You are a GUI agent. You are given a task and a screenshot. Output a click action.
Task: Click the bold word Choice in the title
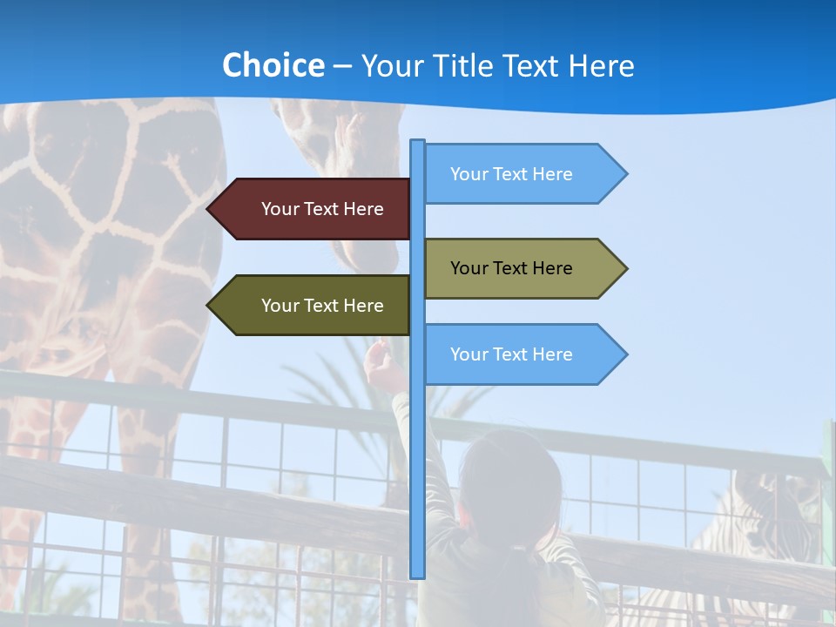point(273,65)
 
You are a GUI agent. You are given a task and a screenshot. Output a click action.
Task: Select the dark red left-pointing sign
point(313,209)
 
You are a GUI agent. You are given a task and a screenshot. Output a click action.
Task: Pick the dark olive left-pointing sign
point(313,306)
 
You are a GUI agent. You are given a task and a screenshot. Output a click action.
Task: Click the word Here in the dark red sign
point(363,209)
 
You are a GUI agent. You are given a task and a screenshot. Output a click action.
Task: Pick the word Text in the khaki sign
point(511,268)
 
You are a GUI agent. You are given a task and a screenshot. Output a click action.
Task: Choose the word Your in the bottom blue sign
point(468,354)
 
